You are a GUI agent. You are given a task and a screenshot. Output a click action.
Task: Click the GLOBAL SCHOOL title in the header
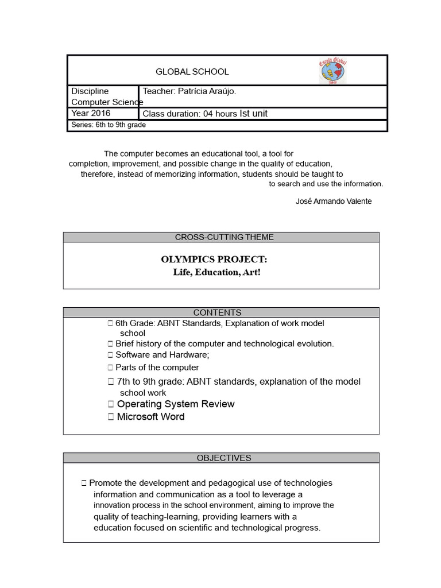pyautogui.click(x=192, y=72)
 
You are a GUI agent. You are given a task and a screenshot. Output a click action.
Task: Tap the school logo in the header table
pyautogui.click(x=334, y=71)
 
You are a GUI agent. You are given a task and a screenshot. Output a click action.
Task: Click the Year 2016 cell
pyautogui.click(x=91, y=113)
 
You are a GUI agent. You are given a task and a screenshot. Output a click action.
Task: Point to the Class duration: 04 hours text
pyautogui.click(x=189, y=114)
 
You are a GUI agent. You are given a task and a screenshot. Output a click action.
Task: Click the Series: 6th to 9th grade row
pyautogui.click(x=109, y=125)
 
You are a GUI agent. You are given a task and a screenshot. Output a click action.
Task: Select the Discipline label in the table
pyautogui.click(x=90, y=91)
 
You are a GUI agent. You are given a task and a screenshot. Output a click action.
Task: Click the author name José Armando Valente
pyautogui.click(x=333, y=201)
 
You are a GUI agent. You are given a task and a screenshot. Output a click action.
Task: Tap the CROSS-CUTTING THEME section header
pyautogui.click(x=221, y=237)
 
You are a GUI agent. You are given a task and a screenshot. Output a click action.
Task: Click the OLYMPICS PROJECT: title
pyautogui.click(x=214, y=260)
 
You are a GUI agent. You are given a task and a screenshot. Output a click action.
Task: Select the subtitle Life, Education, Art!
pyautogui.click(x=216, y=272)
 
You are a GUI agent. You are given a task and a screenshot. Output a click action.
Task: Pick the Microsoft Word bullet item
pyautogui.click(x=150, y=417)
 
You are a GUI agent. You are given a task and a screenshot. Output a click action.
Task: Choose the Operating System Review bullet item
pyautogui.click(x=175, y=404)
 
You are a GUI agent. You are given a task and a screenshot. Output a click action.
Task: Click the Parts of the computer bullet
pyautogui.click(x=157, y=367)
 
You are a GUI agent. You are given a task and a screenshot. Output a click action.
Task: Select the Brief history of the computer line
pyautogui.click(x=224, y=343)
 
